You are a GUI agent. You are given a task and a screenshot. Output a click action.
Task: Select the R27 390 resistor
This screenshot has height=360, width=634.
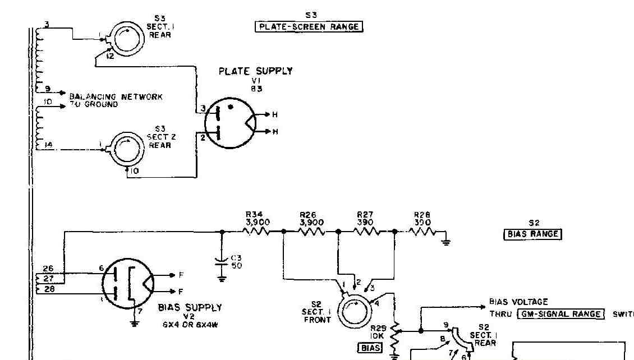(x=367, y=231)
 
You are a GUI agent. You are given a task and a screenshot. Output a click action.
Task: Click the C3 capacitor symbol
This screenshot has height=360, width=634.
(x=222, y=260)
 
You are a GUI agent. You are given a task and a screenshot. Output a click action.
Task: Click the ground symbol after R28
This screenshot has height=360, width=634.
(x=446, y=242)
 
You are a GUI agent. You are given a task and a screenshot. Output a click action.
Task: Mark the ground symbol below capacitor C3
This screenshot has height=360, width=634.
(x=222, y=279)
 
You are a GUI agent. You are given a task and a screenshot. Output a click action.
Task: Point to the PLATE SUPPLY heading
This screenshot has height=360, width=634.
(x=257, y=71)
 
